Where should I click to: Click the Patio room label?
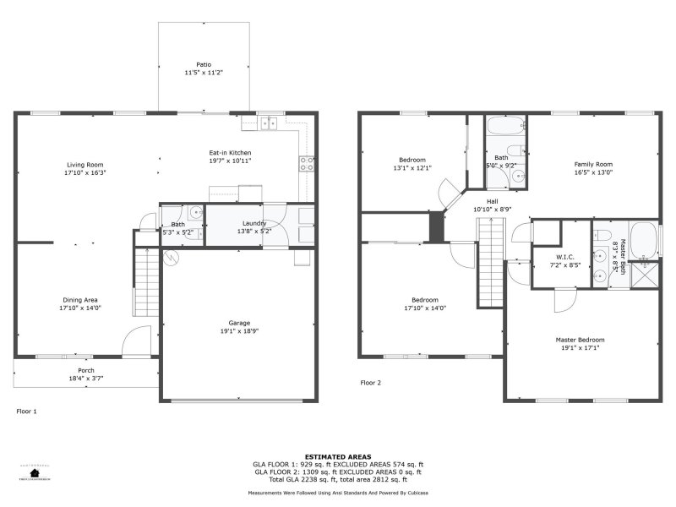(x=204, y=64)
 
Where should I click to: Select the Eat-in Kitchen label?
(x=230, y=152)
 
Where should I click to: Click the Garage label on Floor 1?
(x=239, y=323)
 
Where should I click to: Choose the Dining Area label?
(x=80, y=299)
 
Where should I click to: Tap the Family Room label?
(x=593, y=164)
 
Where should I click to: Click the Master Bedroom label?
(x=580, y=340)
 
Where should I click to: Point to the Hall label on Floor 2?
(x=492, y=201)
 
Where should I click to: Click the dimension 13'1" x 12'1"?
(x=412, y=168)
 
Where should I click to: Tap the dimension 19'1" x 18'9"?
(x=239, y=331)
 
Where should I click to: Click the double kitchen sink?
(x=268, y=123)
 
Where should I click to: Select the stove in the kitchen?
(x=306, y=163)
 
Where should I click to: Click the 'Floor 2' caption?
(x=371, y=383)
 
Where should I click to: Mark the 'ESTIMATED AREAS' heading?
(x=338, y=456)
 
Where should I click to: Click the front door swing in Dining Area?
(x=135, y=342)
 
